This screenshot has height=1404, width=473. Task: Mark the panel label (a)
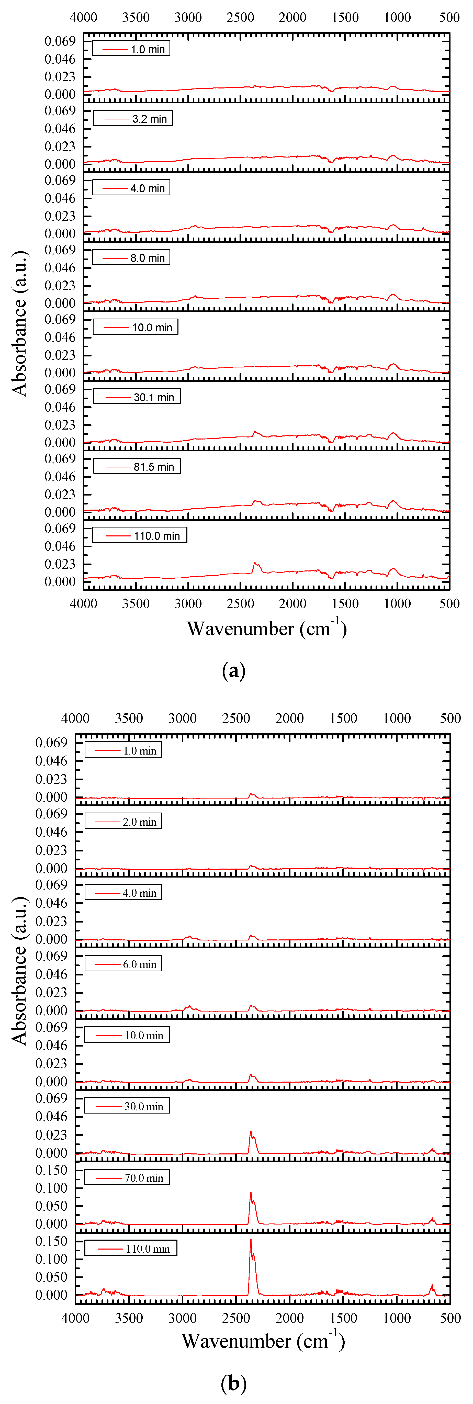coord(234,670)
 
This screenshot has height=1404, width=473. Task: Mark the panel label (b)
coord(234,1383)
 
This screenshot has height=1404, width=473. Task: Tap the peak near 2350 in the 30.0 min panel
coord(251,1131)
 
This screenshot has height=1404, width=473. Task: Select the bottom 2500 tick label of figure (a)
coord(240,603)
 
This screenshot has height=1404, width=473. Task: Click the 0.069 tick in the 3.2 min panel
coord(60,111)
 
